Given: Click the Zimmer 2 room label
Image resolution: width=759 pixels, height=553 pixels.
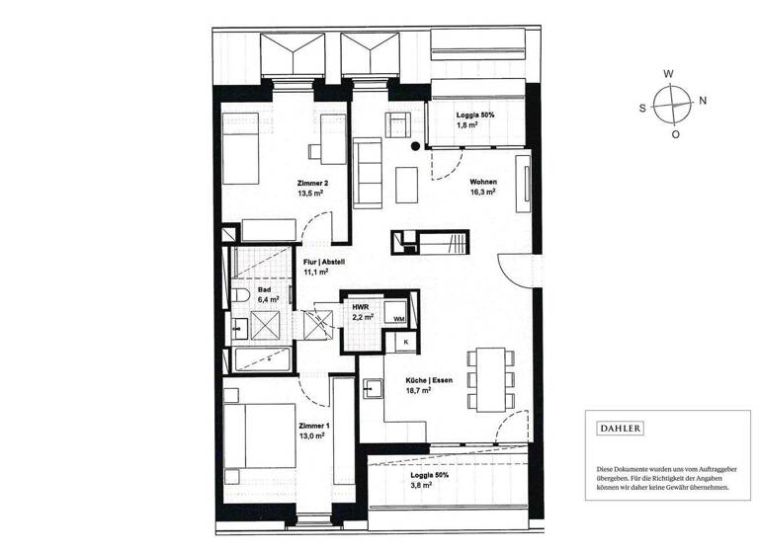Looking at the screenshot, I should point(311,184).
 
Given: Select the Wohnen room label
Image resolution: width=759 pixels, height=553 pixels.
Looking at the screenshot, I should point(482,183).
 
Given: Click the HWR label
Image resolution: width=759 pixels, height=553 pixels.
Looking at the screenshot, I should point(361,307).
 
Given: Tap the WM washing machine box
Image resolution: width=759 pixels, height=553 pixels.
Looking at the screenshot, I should point(398,319).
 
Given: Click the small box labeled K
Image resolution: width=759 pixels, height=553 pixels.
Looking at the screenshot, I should point(404,342).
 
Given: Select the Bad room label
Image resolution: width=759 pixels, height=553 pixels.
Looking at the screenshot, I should point(265,289).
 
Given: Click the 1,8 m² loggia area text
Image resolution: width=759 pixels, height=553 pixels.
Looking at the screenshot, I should point(467,126).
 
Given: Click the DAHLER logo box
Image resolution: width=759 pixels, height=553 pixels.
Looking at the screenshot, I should point(621,429).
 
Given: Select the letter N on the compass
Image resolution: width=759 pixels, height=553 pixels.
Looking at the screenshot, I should point(702,101).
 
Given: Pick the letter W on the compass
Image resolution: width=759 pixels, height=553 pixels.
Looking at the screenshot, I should point(668,74).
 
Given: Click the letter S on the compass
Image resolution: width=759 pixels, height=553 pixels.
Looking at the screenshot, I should point(642,108).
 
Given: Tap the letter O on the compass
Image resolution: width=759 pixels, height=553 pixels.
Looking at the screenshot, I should point(675,133).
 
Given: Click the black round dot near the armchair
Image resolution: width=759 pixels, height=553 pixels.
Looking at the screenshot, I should point(415,146).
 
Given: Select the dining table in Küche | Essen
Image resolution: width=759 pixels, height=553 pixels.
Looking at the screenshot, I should point(489,378).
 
